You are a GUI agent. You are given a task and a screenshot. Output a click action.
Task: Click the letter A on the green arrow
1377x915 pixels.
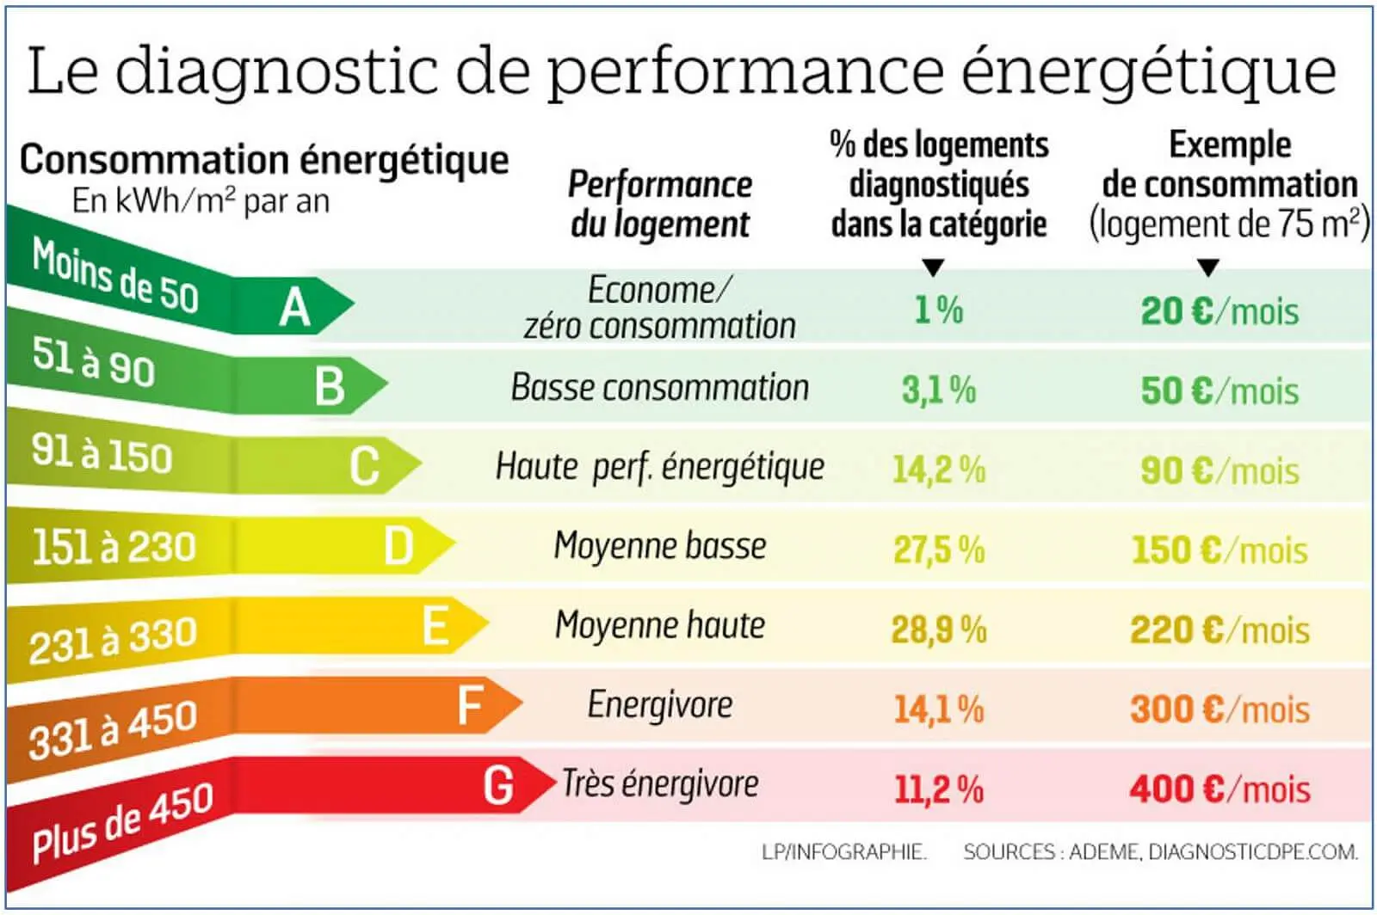point(294,307)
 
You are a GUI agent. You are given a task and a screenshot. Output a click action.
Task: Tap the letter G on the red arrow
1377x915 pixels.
point(498,785)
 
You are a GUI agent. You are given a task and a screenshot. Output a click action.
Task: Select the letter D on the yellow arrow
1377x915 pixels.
point(398,546)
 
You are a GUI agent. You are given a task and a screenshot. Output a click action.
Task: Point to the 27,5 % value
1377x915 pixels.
point(938,550)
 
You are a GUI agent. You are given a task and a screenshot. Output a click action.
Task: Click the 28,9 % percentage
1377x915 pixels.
point(938,629)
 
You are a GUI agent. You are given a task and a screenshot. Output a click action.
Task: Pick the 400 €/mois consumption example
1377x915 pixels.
point(1220,789)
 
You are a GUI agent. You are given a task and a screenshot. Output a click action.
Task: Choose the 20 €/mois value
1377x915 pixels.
point(1220,310)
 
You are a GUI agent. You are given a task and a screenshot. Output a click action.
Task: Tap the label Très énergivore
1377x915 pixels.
point(660,783)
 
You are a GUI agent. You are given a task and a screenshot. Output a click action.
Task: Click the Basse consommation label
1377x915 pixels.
point(660,387)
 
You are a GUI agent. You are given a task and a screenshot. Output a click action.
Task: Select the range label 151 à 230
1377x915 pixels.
point(114,547)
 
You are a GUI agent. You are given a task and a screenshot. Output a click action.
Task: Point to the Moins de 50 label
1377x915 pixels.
point(115,276)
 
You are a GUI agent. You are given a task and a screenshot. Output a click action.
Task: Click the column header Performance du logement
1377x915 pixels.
point(660,204)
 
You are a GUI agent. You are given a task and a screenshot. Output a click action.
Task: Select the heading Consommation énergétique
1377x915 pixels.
point(264,160)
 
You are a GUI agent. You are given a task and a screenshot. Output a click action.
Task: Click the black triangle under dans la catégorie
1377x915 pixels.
point(933,267)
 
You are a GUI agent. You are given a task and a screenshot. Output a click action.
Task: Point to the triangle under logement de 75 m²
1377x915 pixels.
point(1208,267)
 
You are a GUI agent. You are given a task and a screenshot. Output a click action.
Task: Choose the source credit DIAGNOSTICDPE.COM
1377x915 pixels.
point(1253,852)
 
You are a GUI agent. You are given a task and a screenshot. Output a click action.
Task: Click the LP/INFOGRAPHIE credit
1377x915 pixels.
point(843,852)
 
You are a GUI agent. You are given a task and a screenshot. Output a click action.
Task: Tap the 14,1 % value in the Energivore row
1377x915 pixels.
point(938,709)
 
